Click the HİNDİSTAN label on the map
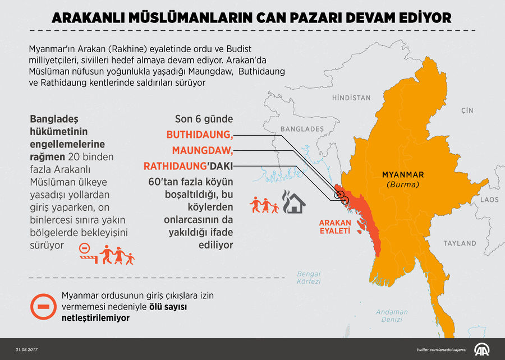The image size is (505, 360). (351, 98)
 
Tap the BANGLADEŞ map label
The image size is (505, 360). (302, 129)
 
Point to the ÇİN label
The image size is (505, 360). (467, 110)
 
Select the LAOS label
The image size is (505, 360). (489, 200)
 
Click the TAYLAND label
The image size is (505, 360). (460, 243)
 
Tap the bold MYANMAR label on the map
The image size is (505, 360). (402, 174)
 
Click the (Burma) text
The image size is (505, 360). (402, 184)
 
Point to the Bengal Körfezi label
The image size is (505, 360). (309, 278)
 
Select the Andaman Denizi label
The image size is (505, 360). (392, 316)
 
